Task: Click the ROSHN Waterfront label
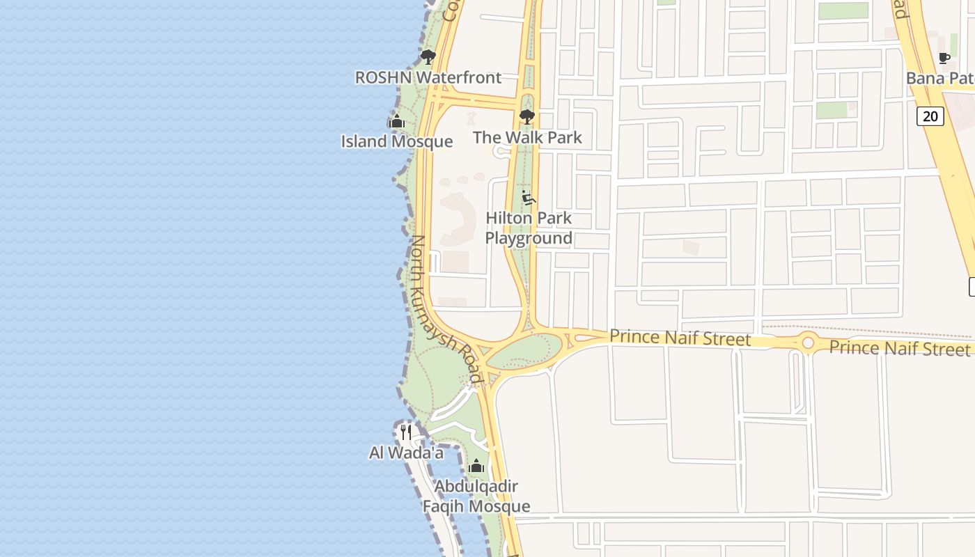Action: (x=428, y=77)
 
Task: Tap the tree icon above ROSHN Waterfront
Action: (x=428, y=57)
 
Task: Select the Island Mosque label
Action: (x=396, y=141)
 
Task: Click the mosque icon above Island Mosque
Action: (x=397, y=122)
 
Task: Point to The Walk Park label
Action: (x=527, y=137)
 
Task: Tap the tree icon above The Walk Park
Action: (x=527, y=116)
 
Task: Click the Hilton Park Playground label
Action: (x=529, y=228)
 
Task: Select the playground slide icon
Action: (x=528, y=198)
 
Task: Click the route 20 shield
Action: (x=930, y=116)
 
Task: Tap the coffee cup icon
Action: (x=944, y=58)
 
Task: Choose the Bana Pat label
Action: (x=939, y=78)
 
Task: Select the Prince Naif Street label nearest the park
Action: (x=680, y=338)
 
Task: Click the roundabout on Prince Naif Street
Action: (x=808, y=343)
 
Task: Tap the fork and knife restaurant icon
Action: (x=406, y=432)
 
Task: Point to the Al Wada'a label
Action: (x=406, y=453)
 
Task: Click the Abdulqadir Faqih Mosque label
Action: (x=476, y=496)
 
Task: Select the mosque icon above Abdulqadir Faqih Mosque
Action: (x=476, y=466)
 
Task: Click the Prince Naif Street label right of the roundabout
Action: (x=899, y=347)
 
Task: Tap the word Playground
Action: (x=529, y=238)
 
